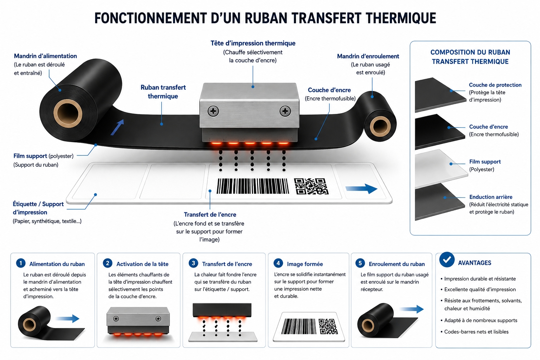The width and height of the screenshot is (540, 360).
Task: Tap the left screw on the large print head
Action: [213, 111]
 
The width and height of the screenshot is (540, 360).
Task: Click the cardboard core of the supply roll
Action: [68, 113]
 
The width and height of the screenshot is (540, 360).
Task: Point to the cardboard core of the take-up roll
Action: [380, 126]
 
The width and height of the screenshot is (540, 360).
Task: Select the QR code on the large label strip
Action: [311, 186]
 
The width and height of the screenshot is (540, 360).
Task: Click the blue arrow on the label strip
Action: [361, 188]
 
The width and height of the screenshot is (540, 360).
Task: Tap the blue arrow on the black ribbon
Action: [117, 127]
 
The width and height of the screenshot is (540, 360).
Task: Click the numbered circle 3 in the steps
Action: [193, 263]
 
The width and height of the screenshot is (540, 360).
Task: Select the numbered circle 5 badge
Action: [360, 263]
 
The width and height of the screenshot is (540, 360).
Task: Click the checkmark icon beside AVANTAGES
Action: [447, 259]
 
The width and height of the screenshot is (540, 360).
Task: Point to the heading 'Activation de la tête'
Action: [142, 264]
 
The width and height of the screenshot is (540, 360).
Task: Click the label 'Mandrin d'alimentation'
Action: [45, 56]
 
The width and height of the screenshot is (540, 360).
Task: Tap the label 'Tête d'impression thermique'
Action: [253, 43]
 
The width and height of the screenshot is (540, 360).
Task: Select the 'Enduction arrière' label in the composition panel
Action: [490, 197]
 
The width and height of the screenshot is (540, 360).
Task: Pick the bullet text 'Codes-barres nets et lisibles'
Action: [476, 332]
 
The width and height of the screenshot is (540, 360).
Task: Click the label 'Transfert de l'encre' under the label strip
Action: [210, 214]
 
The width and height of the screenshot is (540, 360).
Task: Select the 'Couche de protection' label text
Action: [495, 85]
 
